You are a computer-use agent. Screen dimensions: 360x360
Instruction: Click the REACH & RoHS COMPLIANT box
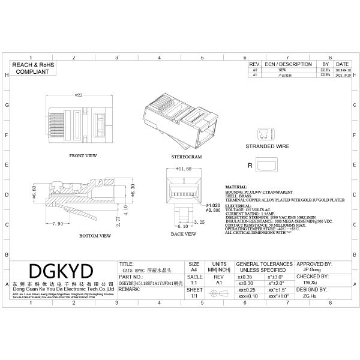coord(33,67)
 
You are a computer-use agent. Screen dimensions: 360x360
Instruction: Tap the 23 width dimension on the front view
coord(79,95)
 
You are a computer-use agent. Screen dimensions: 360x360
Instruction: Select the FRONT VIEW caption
coord(83,155)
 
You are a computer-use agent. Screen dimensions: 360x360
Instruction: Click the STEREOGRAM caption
coord(186,156)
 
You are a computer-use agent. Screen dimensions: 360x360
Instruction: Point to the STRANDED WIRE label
coord(267,146)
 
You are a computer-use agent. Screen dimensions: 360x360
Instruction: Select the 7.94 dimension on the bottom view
coord(58,223)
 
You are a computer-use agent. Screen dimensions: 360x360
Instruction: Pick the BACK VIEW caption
coord(184,234)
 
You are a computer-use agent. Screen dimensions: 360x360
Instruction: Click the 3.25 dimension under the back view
coord(199,221)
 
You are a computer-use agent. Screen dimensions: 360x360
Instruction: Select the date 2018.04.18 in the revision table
coord(343,70)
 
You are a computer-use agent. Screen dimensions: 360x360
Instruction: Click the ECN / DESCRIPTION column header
coord(288,64)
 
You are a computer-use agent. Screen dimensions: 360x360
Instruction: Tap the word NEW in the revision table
coord(282,70)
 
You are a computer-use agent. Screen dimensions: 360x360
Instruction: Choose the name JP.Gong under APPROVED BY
coord(312,270)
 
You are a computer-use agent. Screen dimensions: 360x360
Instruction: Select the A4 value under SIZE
coord(193,270)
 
